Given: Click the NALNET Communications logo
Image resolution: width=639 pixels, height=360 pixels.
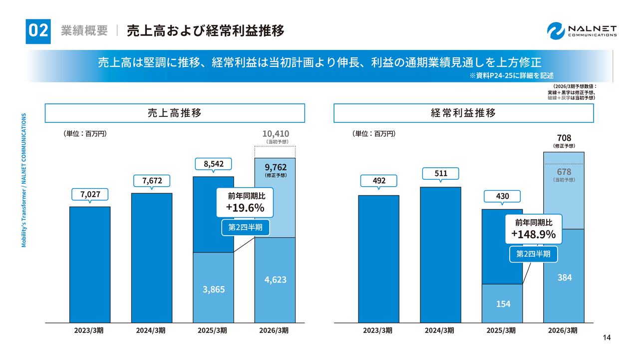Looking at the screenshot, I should coord(582,30).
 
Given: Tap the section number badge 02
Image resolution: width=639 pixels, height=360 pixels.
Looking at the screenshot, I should coord(38,30).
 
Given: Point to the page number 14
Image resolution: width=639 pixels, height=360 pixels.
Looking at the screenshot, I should coord(607,338).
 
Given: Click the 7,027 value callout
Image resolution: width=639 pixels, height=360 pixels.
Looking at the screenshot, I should coord(89,194).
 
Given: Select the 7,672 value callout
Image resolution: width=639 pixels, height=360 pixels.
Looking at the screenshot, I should coord(151,180).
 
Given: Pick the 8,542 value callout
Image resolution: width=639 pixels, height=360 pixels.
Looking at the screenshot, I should coord(213,164).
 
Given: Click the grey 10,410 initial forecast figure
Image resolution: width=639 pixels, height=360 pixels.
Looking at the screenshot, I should coord(275,134).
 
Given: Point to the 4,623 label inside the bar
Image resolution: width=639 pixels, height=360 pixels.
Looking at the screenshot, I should coord(275,280).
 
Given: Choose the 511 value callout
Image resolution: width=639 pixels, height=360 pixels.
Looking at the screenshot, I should coord(440,173).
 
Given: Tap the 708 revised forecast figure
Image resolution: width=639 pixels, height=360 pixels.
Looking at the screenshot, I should coord(564,137).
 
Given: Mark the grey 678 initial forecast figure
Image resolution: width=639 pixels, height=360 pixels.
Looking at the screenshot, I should coord(564,172).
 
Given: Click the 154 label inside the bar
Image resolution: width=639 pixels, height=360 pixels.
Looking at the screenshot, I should coord(503,304).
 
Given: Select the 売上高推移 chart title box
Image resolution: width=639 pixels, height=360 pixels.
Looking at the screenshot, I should coord(175,113).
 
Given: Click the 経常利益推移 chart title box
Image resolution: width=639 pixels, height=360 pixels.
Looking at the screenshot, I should coord(463,113).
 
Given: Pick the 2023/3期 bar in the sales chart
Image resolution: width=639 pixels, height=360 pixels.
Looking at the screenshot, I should coord(89,265).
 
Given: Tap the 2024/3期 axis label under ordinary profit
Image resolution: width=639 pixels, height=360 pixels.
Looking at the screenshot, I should coord(440,331).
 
